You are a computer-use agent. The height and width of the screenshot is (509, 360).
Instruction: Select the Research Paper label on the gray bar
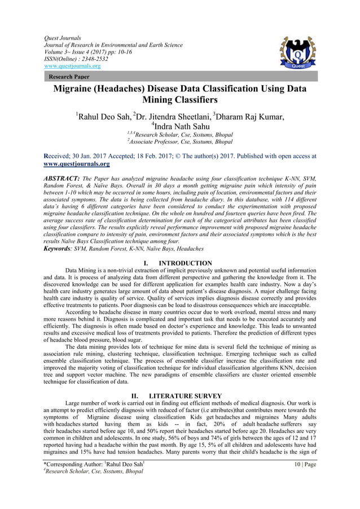(x=69, y=76)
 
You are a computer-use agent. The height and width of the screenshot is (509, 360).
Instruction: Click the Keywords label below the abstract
(x=60, y=248)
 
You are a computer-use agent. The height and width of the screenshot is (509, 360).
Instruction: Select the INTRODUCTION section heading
(x=186, y=263)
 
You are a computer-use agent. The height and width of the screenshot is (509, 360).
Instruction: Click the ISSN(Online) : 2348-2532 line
(x=76, y=59)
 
